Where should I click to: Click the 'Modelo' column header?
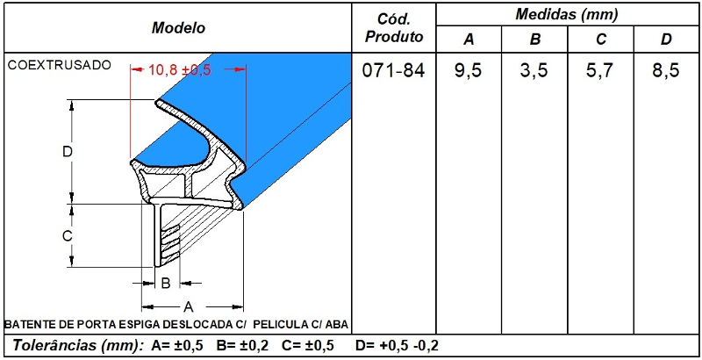[178, 27]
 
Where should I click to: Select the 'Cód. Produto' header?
[393, 27]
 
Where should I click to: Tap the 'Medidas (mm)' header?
[567, 14]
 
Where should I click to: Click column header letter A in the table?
[469, 40]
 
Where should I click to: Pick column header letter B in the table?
[534, 40]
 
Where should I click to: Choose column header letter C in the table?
[600, 40]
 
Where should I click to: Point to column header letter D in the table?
[666, 40]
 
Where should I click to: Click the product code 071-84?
[393, 71]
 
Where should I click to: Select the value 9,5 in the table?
[469, 71]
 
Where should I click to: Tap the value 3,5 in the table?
[534, 71]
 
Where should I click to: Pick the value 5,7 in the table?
[600, 71]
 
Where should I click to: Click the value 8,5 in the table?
[666, 71]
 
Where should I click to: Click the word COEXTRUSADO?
[58, 65]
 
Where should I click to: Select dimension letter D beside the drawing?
[67, 151]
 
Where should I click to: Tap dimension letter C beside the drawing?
[67, 235]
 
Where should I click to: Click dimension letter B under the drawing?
[165, 283]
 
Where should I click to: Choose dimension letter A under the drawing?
[188, 306]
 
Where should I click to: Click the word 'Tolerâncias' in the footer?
[54, 345]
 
